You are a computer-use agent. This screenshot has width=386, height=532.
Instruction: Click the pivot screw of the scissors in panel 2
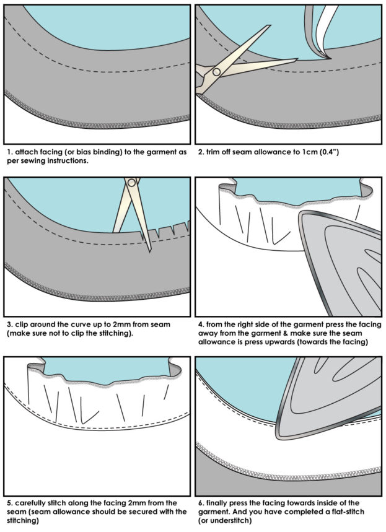(x=216, y=72)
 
